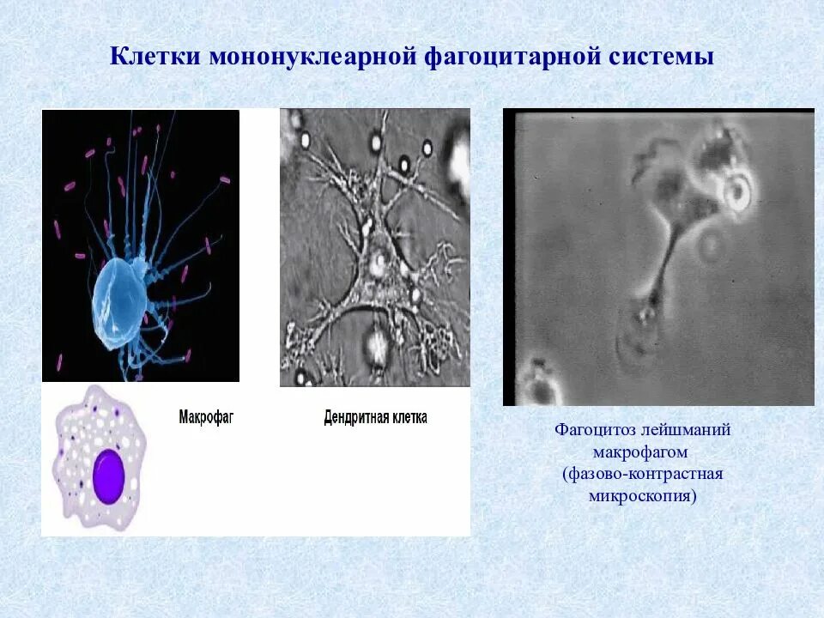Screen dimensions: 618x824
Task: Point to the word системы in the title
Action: [660, 58]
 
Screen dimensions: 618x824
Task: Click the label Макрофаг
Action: [206, 418]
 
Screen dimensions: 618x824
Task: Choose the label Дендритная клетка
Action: [375, 418]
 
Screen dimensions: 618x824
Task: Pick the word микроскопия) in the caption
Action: [642, 496]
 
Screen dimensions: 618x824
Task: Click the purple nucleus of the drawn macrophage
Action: [110, 476]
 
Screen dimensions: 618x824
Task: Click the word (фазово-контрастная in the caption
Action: [642, 474]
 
